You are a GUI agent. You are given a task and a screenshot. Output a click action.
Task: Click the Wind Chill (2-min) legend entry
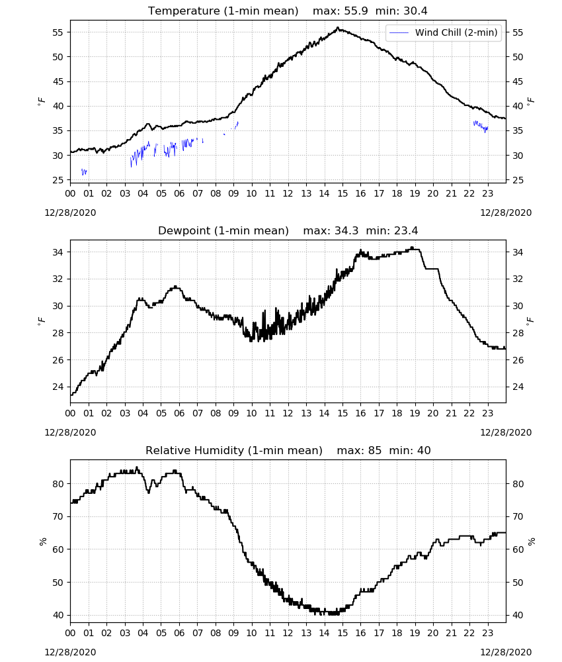(444, 32)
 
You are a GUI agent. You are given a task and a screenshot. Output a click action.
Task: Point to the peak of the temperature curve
(338, 28)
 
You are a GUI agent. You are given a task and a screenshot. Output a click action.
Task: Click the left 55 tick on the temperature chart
(58, 32)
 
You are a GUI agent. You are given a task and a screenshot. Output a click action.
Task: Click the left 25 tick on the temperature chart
(58, 180)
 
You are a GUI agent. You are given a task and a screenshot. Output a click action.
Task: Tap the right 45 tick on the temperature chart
(518, 81)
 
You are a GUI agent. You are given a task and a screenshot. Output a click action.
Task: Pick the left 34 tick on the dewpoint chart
(58, 252)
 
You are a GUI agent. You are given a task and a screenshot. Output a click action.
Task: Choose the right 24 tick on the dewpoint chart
(518, 387)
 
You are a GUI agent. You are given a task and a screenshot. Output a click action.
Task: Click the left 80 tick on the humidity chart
(58, 484)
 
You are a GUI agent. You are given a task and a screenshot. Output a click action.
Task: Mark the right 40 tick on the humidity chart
(518, 615)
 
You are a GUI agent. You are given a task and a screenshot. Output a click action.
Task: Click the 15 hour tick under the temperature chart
(342, 193)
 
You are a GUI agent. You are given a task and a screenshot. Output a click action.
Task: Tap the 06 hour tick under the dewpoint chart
(179, 413)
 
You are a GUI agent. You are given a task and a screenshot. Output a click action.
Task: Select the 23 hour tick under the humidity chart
(487, 634)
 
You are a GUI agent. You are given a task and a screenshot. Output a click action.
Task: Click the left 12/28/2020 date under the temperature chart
(70, 213)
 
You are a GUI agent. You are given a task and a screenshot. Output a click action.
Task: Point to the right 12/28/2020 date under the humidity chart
(506, 652)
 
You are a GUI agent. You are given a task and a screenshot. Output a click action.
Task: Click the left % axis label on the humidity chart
(42, 542)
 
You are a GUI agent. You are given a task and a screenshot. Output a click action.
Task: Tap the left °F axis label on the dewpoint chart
(41, 321)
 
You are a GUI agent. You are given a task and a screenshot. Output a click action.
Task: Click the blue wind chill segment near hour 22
(481, 126)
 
